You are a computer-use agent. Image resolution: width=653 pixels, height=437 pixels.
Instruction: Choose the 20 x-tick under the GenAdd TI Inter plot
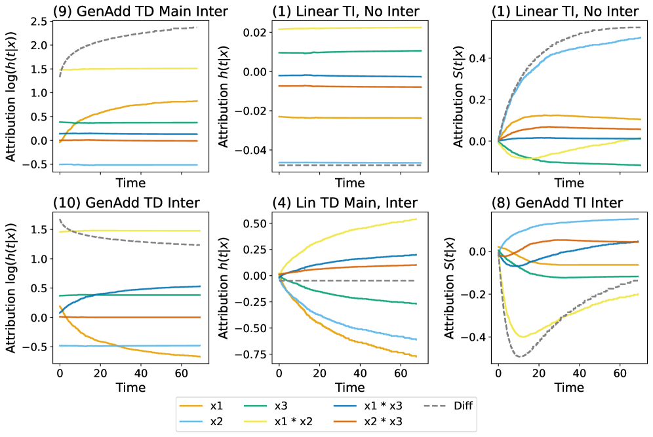coord(538,371)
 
